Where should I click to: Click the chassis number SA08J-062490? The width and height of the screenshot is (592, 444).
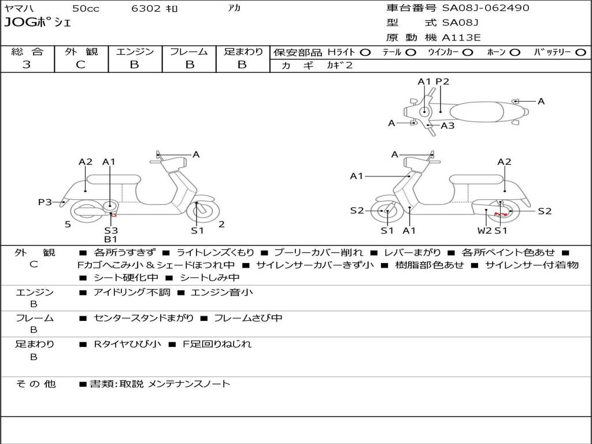click(486, 8)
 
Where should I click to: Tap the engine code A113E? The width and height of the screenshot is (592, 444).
click(461, 38)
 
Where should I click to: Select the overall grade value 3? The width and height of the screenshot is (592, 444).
click(27, 65)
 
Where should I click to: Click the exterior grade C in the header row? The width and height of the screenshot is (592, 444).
click(81, 65)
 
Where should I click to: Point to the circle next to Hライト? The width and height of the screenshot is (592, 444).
click(365, 53)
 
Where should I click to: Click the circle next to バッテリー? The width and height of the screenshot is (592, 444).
click(580, 53)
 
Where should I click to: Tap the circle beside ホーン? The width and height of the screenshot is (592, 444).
click(515, 53)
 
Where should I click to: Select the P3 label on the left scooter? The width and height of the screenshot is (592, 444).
click(45, 202)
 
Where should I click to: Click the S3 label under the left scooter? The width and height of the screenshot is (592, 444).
click(111, 230)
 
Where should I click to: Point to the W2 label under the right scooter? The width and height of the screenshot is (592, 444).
click(484, 230)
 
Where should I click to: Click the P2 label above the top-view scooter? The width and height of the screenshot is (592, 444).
click(442, 82)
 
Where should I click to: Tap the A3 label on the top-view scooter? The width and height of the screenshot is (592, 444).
click(448, 125)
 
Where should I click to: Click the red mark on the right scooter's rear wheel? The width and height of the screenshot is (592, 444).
click(500, 214)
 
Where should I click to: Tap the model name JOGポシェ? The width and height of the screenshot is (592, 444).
click(38, 23)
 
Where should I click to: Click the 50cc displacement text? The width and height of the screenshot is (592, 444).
click(86, 8)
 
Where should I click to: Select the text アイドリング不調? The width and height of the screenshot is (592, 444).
click(132, 292)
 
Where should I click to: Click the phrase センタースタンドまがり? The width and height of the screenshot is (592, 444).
click(144, 319)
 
